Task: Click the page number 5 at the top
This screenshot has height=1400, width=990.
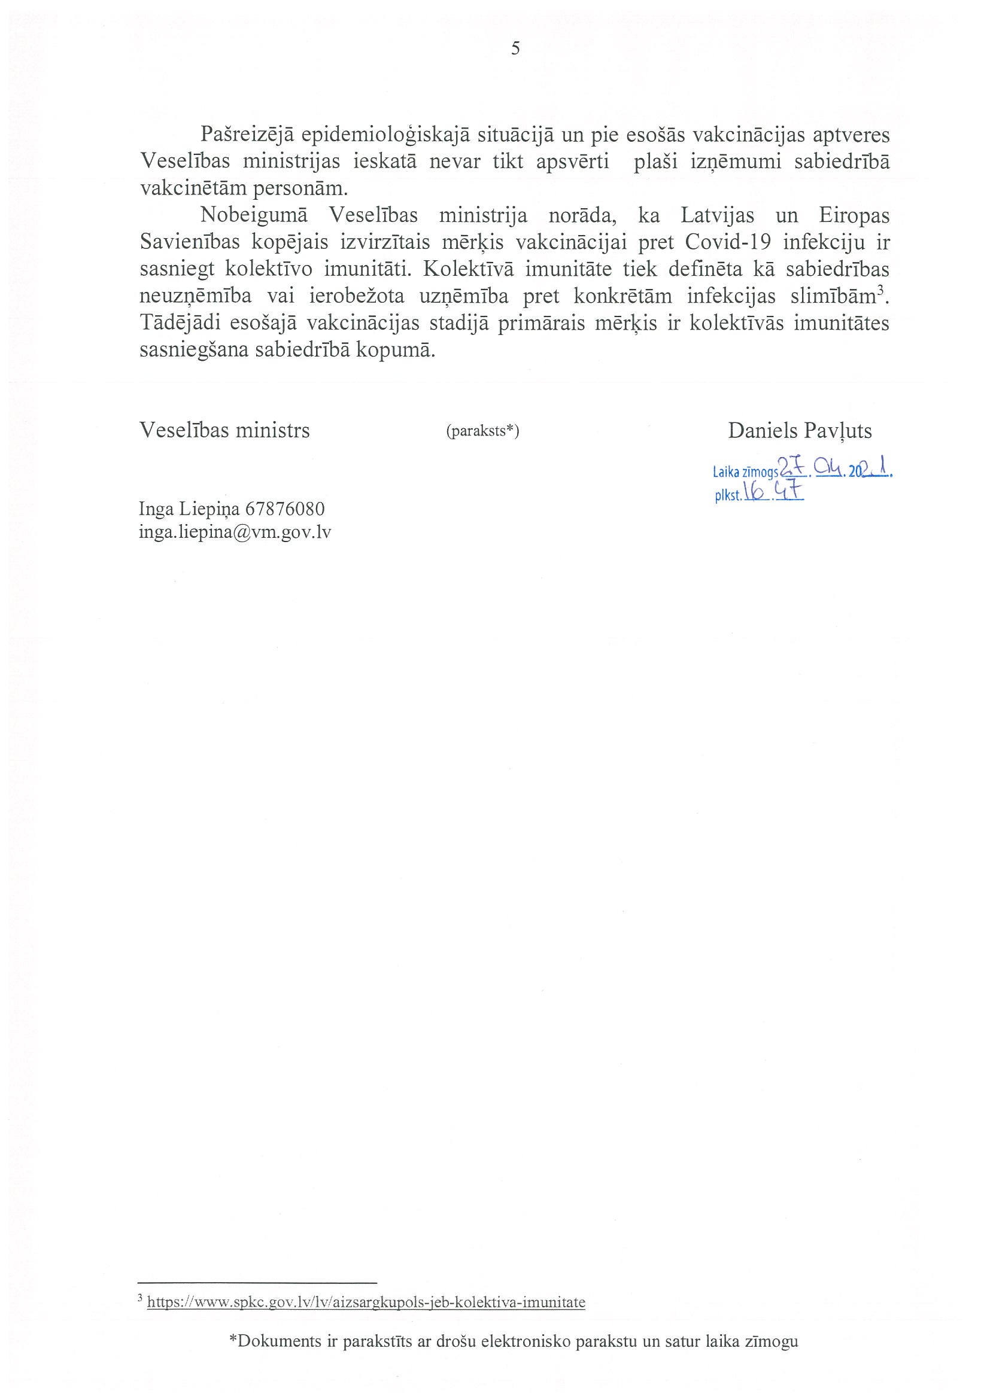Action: click(515, 50)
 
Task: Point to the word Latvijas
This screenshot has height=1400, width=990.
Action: click(717, 216)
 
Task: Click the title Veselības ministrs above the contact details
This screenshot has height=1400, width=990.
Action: click(224, 431)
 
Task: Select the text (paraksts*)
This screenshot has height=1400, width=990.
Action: click(482, 432)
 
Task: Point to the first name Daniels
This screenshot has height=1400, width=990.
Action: click(762, 431)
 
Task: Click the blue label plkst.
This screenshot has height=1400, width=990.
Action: click(728, 497)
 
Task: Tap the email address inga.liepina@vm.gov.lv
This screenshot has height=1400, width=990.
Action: click(235, 532)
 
